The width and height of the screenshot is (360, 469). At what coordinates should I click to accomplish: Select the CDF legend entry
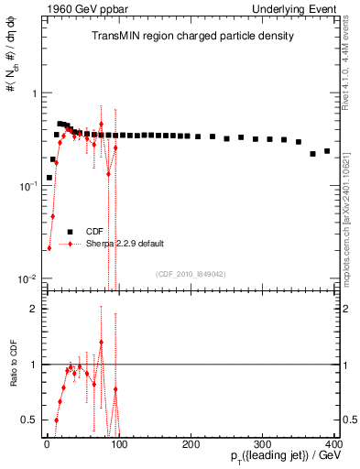(x=94, y=232)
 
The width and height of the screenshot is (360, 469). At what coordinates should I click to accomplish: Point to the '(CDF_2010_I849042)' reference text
(x=190, y=273)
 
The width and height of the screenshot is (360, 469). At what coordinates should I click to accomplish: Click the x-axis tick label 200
(x=191, y=444)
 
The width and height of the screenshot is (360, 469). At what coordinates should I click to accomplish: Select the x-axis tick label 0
(x=47, y=444)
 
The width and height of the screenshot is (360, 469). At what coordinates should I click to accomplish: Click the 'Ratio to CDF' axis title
(x=13, y=379)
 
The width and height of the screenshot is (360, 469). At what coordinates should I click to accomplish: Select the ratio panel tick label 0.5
(x=28, y=420)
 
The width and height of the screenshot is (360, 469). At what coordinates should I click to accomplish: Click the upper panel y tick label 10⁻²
(x=27, y=278)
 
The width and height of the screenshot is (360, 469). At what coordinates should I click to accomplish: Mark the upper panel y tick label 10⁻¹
(x=27, y=186)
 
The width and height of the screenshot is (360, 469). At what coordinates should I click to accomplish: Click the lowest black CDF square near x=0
(x=49, y=178)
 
